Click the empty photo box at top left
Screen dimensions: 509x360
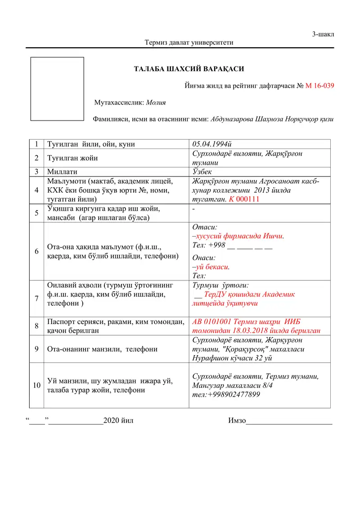click(57, 89)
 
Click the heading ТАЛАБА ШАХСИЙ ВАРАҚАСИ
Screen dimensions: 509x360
click(189, 69)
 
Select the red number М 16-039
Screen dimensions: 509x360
click(319, 85)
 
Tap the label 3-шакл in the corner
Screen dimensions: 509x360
click(323, 35)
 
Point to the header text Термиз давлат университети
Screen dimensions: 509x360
click(189, 43)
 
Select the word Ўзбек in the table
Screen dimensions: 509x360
click(202, 171)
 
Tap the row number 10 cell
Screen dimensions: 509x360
click(36, 385)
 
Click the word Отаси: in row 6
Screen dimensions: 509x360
click(205, 228)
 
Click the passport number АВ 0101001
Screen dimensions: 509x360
click(212, 322)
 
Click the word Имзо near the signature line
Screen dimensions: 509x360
click(237, 421)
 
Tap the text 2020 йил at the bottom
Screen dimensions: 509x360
click(118, 421)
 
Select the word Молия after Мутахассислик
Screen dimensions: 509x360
click(156, 103)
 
